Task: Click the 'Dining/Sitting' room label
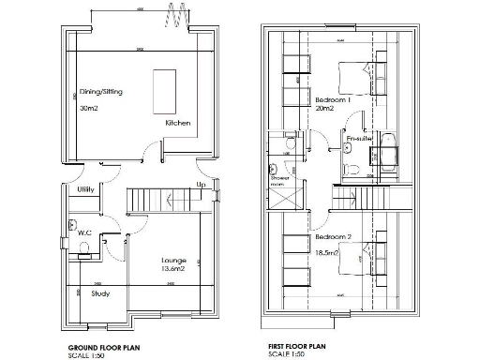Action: coord(100,92)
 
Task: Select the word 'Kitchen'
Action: coord(178,124)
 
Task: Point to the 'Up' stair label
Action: coord(200,185)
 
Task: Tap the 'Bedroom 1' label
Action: coord(333,99)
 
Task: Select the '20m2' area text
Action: coord(326,110)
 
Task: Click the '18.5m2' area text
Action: coord(328,253)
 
